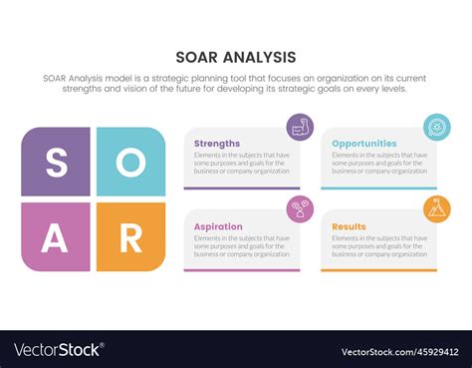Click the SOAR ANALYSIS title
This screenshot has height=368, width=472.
pyautogui.click(x=236, y=57)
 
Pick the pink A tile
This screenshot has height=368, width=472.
pyautogui.click(x=56, y=237)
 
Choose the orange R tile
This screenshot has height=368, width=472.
pyautogui.click(x=130, y=237)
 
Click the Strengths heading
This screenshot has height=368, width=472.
pyautogui.click(x=217, y=144)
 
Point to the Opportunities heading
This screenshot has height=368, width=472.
pyautogui.click(x=363, y=144)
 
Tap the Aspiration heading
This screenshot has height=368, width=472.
pyautogui.click(x=218, y=226)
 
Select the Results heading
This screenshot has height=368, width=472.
pyautogui.click(x=350, y=226)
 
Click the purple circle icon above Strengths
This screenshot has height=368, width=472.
pyautogui.click(x=300, y=127)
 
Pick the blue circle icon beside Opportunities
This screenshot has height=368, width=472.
pyautogui.click(x=436, y=127)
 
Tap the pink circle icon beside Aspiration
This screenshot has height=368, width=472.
pyautogui.click(x=300, y=208)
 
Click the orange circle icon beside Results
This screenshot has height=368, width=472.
pyautogui.click(x=436, y=208)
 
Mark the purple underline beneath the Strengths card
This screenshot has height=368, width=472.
pyautogui.click(x=242, y=187)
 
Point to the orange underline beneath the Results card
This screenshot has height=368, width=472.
pyautogui.click(x=378, y=270)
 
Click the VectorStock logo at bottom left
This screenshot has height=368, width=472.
pyautogui.click(x=58, y=350)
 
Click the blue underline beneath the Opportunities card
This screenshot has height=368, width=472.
pyautogui.click(x=378, y=187)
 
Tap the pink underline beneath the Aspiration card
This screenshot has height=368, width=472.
pyautogui.click(x=242, y=270)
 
